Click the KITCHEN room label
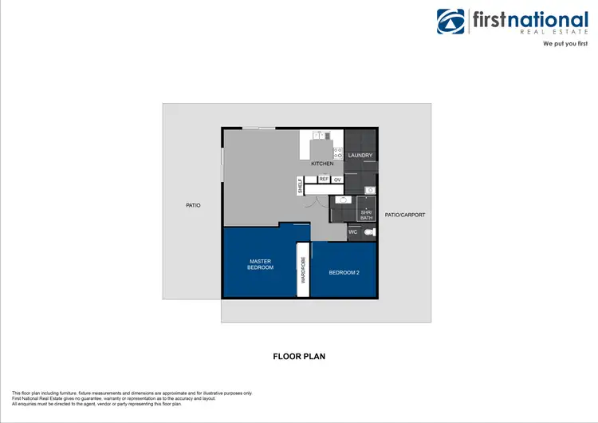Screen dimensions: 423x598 [322, 164]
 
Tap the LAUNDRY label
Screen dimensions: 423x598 [360, 155]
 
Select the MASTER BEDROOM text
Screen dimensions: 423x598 [261, 264]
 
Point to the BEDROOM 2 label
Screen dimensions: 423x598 [344, 272]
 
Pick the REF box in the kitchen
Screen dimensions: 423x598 [324, 180]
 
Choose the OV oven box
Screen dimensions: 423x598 [337, 180]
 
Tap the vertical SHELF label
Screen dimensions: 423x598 [301, 187]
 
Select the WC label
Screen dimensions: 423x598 [353, 232]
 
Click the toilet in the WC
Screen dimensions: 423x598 [368, 232]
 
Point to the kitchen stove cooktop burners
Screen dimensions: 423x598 [338, 152]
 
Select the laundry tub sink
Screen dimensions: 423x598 [369, 190]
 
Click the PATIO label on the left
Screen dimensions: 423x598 [193, 205]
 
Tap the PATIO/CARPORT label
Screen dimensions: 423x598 [405, 215]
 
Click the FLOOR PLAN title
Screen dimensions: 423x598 [299, 357]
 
